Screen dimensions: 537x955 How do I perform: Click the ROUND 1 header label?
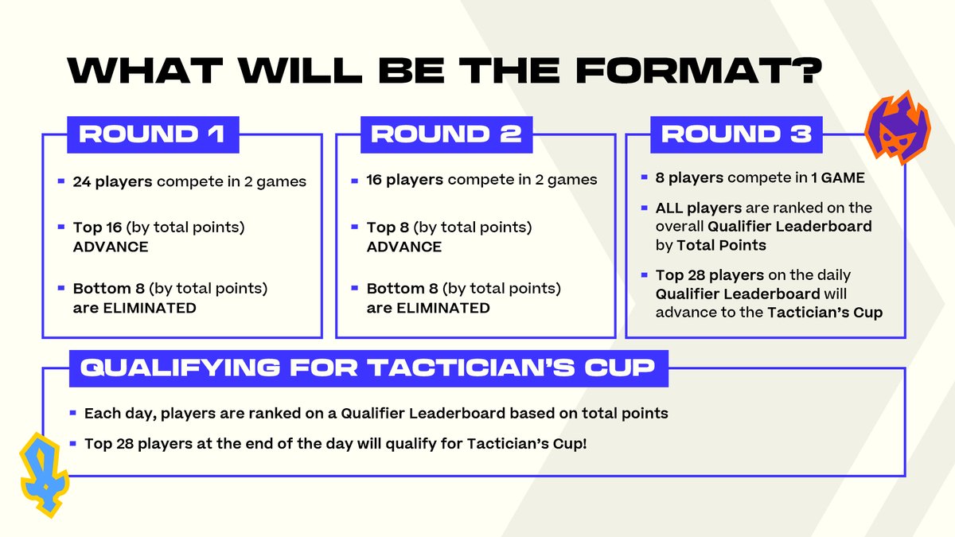[x=151, y=134]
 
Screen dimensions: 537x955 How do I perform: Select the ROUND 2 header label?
[x=446, y=134]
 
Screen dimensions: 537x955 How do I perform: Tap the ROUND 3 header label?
[x=736, y=134]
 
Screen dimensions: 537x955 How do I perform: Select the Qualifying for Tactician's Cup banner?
[x=368, y=369]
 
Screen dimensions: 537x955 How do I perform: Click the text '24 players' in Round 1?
[x=112, y=181]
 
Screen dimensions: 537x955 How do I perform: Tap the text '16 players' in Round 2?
[x=404, y=180]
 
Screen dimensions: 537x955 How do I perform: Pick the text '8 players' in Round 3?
[x=689, y=178]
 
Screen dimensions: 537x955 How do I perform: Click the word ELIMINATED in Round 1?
[x=148, y=308]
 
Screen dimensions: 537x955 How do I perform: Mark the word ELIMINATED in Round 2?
[x=442, y=308]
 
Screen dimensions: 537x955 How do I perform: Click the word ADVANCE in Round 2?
[x=403, y=247]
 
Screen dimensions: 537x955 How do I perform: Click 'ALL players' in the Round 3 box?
[x=697, y=208]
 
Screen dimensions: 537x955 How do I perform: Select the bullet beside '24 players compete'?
[x=61, y=181]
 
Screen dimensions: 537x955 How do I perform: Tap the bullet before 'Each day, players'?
[x=72, y=414]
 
